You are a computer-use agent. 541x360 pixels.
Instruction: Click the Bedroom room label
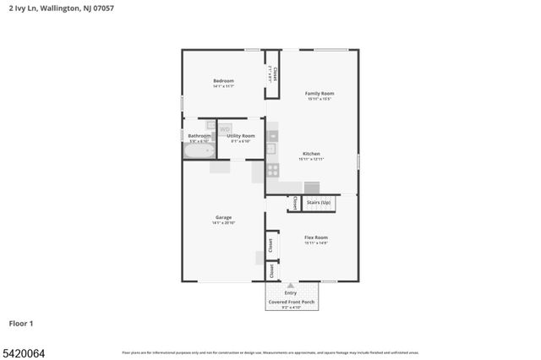[x=223, y=80]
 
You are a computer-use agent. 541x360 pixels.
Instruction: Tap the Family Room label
[x=320, y=93]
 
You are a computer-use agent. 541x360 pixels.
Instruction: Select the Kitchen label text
[x=311, y=154]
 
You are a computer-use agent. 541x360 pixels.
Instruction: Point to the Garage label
[x=223, y=217]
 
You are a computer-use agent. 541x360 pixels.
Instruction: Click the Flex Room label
[x=316, y=237]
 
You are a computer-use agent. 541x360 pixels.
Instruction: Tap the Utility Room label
[x=241, y=135]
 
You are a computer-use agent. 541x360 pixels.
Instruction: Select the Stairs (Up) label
[x=319, y=203]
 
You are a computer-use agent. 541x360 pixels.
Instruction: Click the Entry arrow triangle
[x=290, y=286]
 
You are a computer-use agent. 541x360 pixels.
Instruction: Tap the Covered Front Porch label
[x=290, y=302]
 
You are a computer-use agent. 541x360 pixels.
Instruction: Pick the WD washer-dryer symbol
[x=225, y=128]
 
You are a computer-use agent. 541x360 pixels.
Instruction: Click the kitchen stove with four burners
[x=273, y=169]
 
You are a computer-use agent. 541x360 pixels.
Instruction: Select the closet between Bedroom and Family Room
[x=272, y=74]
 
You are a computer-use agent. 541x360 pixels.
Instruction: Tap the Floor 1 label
[x=21, y=323]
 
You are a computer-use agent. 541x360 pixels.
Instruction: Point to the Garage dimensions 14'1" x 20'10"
[x=223, y=223]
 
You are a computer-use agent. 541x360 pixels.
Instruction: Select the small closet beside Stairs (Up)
[x=294, y=203]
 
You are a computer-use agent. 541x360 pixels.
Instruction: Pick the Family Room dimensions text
[x=320, y=99]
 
